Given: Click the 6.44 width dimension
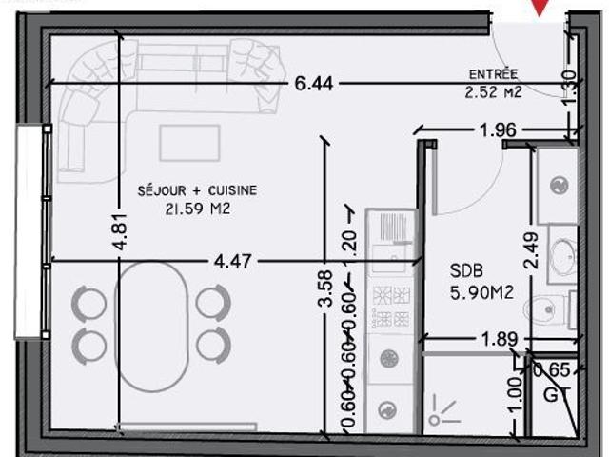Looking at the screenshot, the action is pos(314,83).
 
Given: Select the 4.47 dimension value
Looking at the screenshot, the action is pos(232,261).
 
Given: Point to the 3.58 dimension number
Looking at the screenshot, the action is pos(324,288).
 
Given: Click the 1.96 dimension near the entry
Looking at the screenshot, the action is pos(499,129).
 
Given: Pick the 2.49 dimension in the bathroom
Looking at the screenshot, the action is pos(531,250).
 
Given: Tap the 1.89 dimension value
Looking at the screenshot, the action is pos(499,339).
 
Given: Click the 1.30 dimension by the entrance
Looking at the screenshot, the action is pos(569,87).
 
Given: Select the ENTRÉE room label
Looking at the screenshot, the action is pos(493,74).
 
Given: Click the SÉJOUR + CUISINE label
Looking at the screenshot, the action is pos(197,190).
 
